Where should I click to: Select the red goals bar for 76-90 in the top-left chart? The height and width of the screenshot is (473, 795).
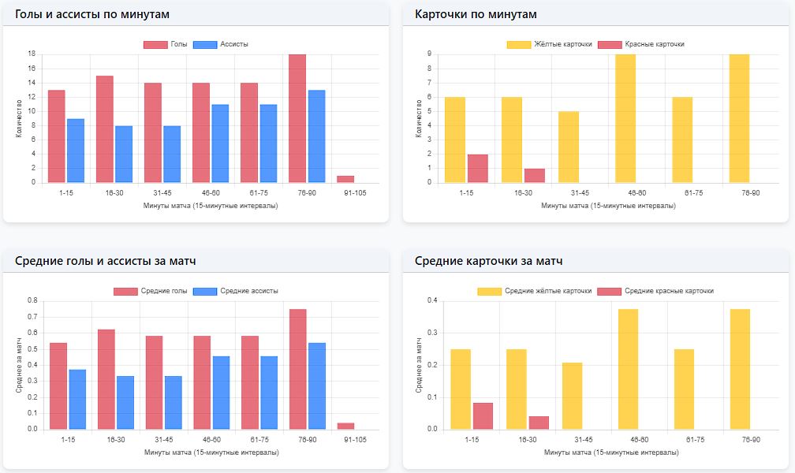tap(297, 118)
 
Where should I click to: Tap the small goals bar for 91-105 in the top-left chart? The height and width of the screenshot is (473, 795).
tap(345, 179)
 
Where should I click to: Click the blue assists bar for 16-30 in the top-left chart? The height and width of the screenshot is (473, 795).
tap(124, 154)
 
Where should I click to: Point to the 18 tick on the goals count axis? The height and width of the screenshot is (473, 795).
tap(32, 54)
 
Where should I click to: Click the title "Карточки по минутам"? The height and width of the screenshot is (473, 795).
tap(476, 14)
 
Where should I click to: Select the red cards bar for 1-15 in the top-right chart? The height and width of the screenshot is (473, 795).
tap(478, 168)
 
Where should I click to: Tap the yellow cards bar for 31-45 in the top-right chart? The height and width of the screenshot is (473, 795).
tap(569, 147)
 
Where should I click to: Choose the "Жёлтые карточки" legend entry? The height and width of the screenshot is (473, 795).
tap(550, 44)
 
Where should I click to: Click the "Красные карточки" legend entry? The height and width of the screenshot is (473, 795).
tap(642, 44)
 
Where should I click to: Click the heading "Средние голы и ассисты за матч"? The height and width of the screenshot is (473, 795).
tap(105, 261)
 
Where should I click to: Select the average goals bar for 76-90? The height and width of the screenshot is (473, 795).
tap(297, 369)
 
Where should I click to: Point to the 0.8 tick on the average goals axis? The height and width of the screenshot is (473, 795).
tap(32, 300)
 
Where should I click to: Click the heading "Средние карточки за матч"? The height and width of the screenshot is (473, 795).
tap(488, 261)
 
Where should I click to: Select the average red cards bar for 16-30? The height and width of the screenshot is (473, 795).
tap(539, 423)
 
